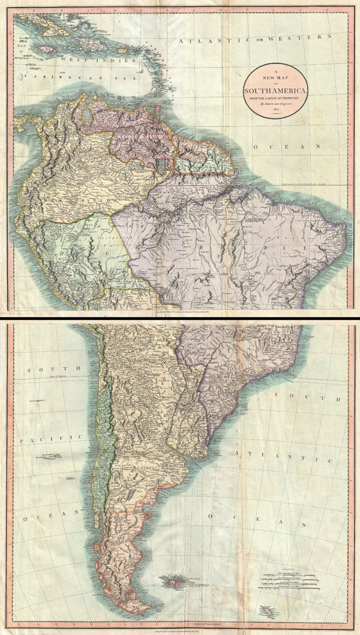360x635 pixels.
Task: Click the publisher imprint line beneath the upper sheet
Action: (180, 313)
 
